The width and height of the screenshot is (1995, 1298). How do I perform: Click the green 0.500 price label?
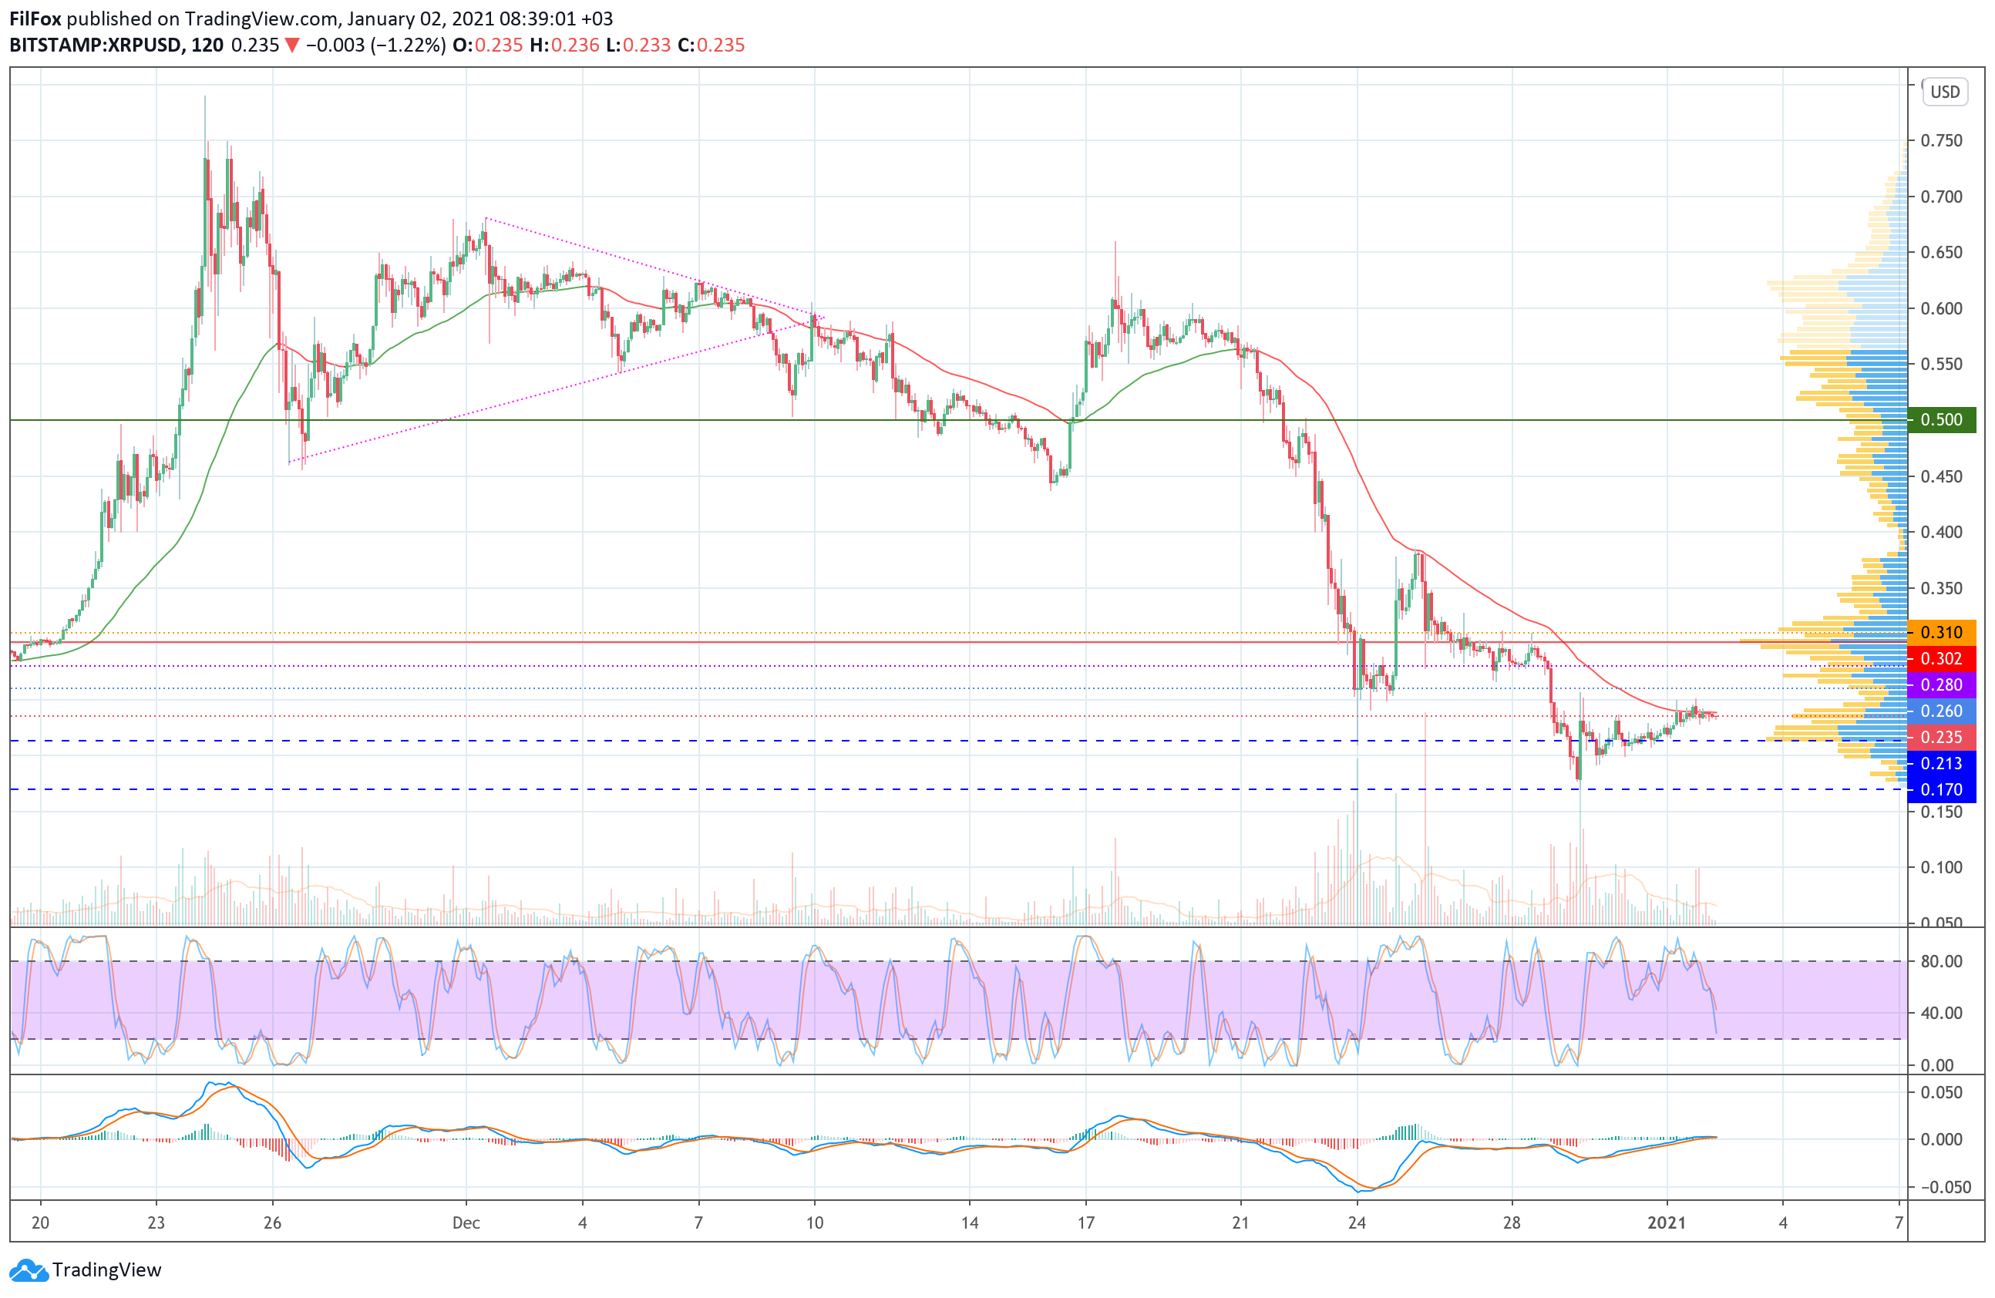click(1940, 420)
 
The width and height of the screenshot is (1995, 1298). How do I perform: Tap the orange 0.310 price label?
click(1940, 633)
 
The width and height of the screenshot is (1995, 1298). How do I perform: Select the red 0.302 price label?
click(1940, 659)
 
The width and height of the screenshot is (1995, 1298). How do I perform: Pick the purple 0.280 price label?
click(1940, 684)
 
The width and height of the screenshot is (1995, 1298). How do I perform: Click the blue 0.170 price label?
click(1940, 789)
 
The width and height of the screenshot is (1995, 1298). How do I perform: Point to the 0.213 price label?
click(1940, 763)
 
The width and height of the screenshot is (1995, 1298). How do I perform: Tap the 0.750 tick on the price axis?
click(1941, 141)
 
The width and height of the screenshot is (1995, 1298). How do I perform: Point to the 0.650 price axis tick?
click(1941, 252)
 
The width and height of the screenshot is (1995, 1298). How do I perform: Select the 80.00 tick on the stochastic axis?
click(1941, 961)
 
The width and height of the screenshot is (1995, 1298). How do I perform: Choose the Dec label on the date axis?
click(466, 1222)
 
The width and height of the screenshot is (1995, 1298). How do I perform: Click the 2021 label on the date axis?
click(1667, 1222)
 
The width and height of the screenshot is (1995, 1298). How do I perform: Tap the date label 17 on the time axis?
click(1085, 1222)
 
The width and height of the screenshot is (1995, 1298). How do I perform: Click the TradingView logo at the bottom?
click(86, 1269)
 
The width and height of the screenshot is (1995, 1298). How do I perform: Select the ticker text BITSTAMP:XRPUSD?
click(95, 45)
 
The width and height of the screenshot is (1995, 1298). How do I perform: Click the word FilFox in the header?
click(35, 18)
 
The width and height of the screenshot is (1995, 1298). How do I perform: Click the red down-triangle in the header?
click(291, 45)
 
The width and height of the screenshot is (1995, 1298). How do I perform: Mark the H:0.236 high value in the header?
click(564, 45)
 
